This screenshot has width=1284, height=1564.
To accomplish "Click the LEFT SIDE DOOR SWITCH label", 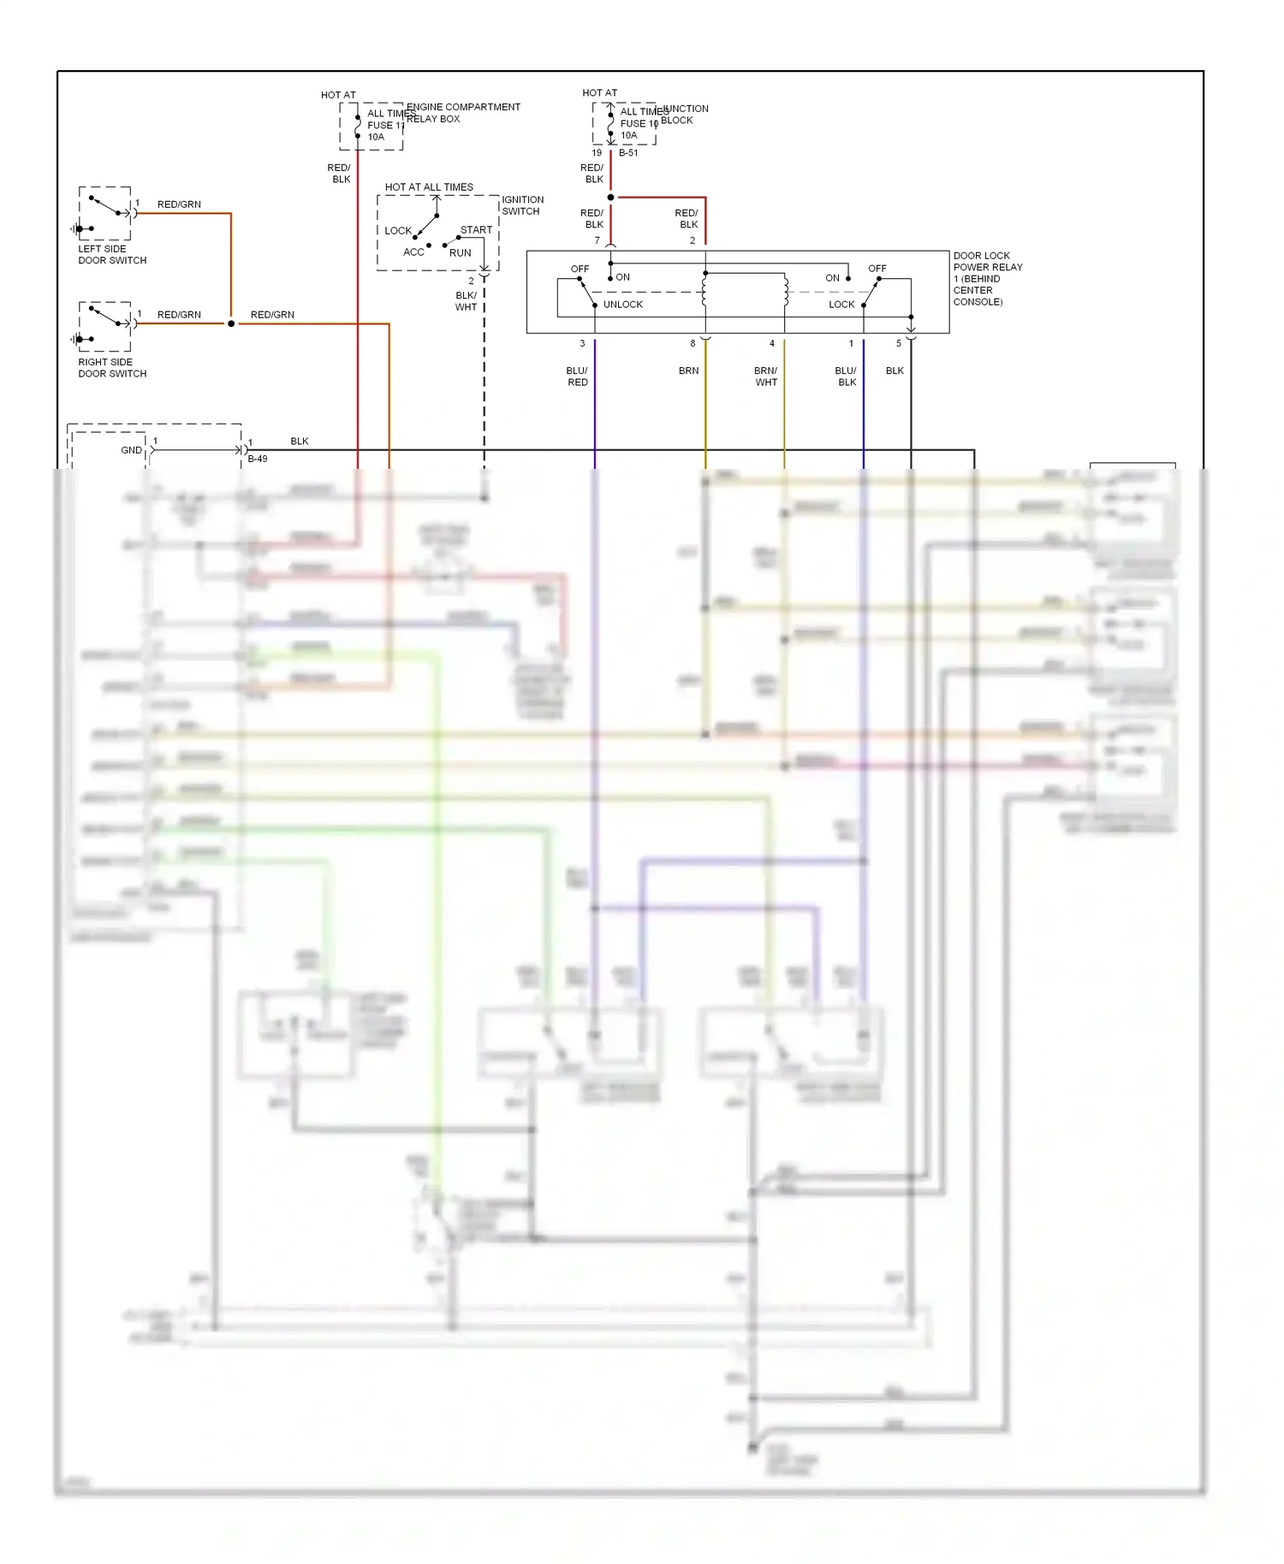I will pyautogui.click(x=112, y=254).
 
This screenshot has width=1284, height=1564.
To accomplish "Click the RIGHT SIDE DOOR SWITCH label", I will pyautogui.click(x=112, y=368).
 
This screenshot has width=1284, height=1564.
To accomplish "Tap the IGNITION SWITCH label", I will pyautogui.click(x=522, y=205).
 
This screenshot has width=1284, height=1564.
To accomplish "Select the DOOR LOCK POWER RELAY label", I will pyautogui.click(x=987, y=278).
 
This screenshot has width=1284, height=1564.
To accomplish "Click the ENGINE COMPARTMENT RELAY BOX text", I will pyautogui.click(x=462, y=112).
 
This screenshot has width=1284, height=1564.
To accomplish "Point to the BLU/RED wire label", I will pyautogui.click(x=577, y=376).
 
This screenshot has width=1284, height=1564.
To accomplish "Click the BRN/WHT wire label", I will pyautogui.click(x=765, y=376).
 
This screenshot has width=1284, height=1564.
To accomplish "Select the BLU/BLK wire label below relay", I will pyautogui.click(x=846, y=376).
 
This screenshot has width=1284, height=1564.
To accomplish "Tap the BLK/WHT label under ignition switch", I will pyautogui.click(x=466, y=301).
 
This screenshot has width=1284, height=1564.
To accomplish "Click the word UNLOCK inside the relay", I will pyautogui.click(x=622, y=305).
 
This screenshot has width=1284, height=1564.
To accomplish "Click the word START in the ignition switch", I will pyautogui.click(x=476, y=229).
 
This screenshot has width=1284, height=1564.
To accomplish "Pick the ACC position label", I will pyautogui.click(x=413, y=252).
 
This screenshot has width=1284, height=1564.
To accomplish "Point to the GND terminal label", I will pyautogui.click(x=131, y=450).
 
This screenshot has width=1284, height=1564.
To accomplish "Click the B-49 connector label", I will pyautogui.click(x=258, y=459).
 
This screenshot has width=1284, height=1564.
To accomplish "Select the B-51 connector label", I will pyautogui.click(x=628, y=153).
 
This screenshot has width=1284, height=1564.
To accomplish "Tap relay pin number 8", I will pyautogui.click(x=693, y=344).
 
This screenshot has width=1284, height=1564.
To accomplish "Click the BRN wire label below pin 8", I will pyautogui.click(x=688, y=370).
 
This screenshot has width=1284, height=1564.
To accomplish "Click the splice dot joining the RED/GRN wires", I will pyautogui.click(x=231, y=324).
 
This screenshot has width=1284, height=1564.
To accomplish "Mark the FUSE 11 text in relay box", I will pyautogui.click(x=385, y=125).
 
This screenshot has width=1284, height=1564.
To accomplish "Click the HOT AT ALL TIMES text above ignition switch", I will pyautogui.click(x=429, y=187).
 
